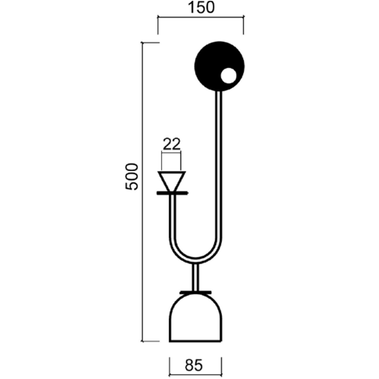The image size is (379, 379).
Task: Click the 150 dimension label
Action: point(201,8)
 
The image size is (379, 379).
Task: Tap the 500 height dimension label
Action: point(132,176)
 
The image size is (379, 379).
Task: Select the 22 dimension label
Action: point(171,144)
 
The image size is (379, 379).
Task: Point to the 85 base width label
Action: point(194,365)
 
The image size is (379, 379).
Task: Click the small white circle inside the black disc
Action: point(228,76)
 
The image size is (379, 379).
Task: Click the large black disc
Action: point(219,66)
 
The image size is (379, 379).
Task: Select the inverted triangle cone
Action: point(171,181)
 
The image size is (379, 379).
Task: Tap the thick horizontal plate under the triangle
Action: point(172,193)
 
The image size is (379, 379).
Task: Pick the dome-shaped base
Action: point(195,317)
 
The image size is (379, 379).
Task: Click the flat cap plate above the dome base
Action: point(195,293)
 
